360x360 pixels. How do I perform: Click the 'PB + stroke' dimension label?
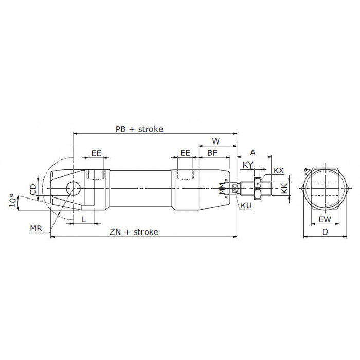pos(139,129)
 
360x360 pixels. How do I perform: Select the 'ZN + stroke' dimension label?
pos(134,232)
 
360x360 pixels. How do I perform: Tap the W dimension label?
pos(216,141)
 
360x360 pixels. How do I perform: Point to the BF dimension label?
pos(212,153)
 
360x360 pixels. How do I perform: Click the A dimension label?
pos(253,152)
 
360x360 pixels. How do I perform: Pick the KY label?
pos(248,165)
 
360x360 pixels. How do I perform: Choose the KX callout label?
pos(279,171)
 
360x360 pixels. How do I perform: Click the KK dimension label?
pos(284,189)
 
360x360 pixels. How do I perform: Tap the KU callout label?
pos(246,206)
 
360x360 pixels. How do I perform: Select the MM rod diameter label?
pos(222,188)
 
